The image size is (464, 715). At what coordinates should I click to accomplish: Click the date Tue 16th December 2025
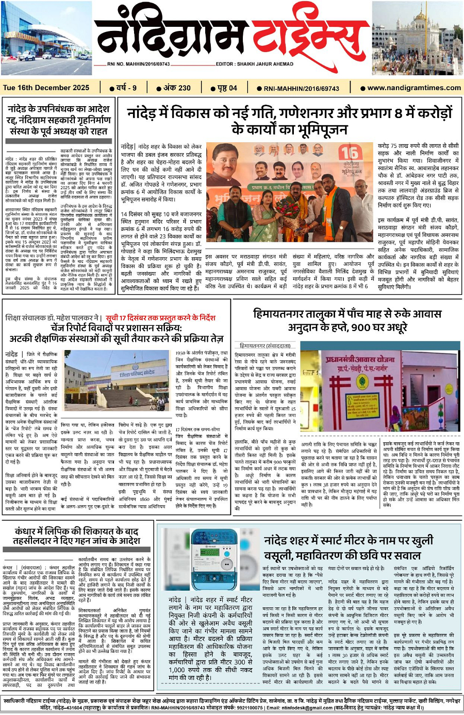tap(46, 88)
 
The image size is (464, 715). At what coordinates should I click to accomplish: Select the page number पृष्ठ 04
tap(224, 88)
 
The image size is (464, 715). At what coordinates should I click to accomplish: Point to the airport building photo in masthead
tap(46, 38)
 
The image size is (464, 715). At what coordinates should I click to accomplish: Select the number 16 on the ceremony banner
tap(348, 153)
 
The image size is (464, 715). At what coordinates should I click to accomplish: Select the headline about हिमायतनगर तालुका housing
tap(347, 320)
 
